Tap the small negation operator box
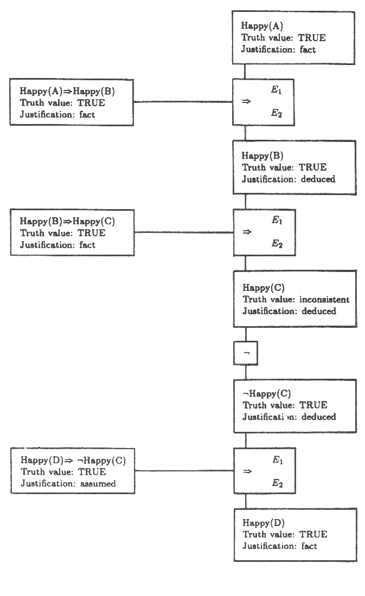(x=246, y=353)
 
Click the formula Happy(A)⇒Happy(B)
(x=67, y=91)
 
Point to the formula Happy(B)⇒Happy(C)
(x=68, y=221)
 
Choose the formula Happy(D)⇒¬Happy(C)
(x=73, y=461)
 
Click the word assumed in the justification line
(x=98, y=483)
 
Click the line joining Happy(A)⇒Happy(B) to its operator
(x=183, y=102)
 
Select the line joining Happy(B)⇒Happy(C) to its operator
(x=184, y=232)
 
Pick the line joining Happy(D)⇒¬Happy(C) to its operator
(x=184, y=471)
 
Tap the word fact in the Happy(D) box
(x=309, y=546)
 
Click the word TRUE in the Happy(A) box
(x=311, y=38)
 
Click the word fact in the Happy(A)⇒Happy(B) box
(x=87, y=114)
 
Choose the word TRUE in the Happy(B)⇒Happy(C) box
(x=92, y=233)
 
